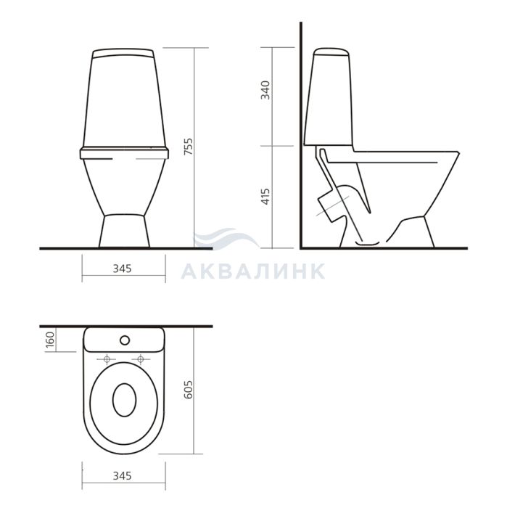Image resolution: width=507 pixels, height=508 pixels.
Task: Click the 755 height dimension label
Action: [188, 147]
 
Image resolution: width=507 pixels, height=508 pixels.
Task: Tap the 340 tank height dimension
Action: [265, 90]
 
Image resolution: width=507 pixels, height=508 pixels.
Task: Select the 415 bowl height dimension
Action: [265, 197]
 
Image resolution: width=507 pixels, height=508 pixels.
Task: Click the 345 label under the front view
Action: [123, 269]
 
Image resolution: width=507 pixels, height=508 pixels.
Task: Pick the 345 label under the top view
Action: [123, 476]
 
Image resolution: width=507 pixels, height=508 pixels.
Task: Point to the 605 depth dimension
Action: [188, 390]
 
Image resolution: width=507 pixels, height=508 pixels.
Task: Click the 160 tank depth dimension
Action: [50, 340]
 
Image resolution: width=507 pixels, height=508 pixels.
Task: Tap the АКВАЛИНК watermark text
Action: [253, 271]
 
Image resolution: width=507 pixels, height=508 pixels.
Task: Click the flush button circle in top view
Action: [125, 340]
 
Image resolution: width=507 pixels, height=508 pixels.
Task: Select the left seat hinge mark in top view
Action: [107, 359]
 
